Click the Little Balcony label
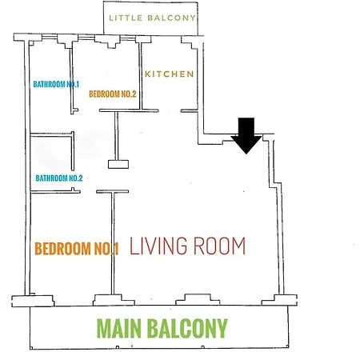pos(152,18)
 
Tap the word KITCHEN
pos(170,74)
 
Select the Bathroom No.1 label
pos(56,84)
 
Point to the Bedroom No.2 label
pos(113,94)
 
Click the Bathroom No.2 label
pos(59,178)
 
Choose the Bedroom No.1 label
pos(77,248)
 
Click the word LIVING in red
pos(158,246)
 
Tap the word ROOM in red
pos(219,246)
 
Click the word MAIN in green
pos(119,328)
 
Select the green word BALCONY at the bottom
pos(187,328)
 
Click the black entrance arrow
pos(246,136)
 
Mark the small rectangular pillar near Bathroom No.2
pos(118,164)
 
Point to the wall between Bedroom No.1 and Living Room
pos(113,243)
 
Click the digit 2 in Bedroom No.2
pos(134,94)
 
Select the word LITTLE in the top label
pos(126,18)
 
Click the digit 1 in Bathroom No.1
pos(78,84)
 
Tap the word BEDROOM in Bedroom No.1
pos(63,248)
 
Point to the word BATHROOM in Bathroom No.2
pos(51,178)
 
